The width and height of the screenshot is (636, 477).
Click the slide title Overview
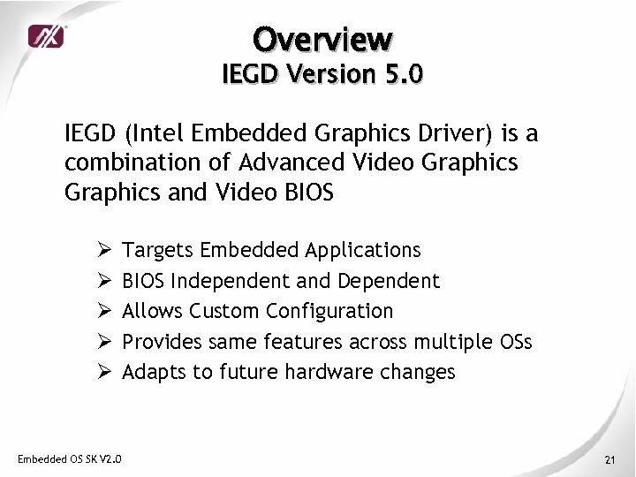pyautogui.click(x=322, y=39)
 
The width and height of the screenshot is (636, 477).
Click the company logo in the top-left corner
pyautogui.click(x=47, y=36)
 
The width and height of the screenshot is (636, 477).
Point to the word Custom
pyautogui.click(x=224, y=311)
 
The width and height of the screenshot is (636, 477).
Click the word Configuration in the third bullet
pyautogui.click(x=329, y=312)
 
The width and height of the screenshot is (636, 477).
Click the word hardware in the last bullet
pyautogui.click(x=330, y=372)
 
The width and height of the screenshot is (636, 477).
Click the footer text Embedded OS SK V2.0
pyautogui.click(x=70, y=458)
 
